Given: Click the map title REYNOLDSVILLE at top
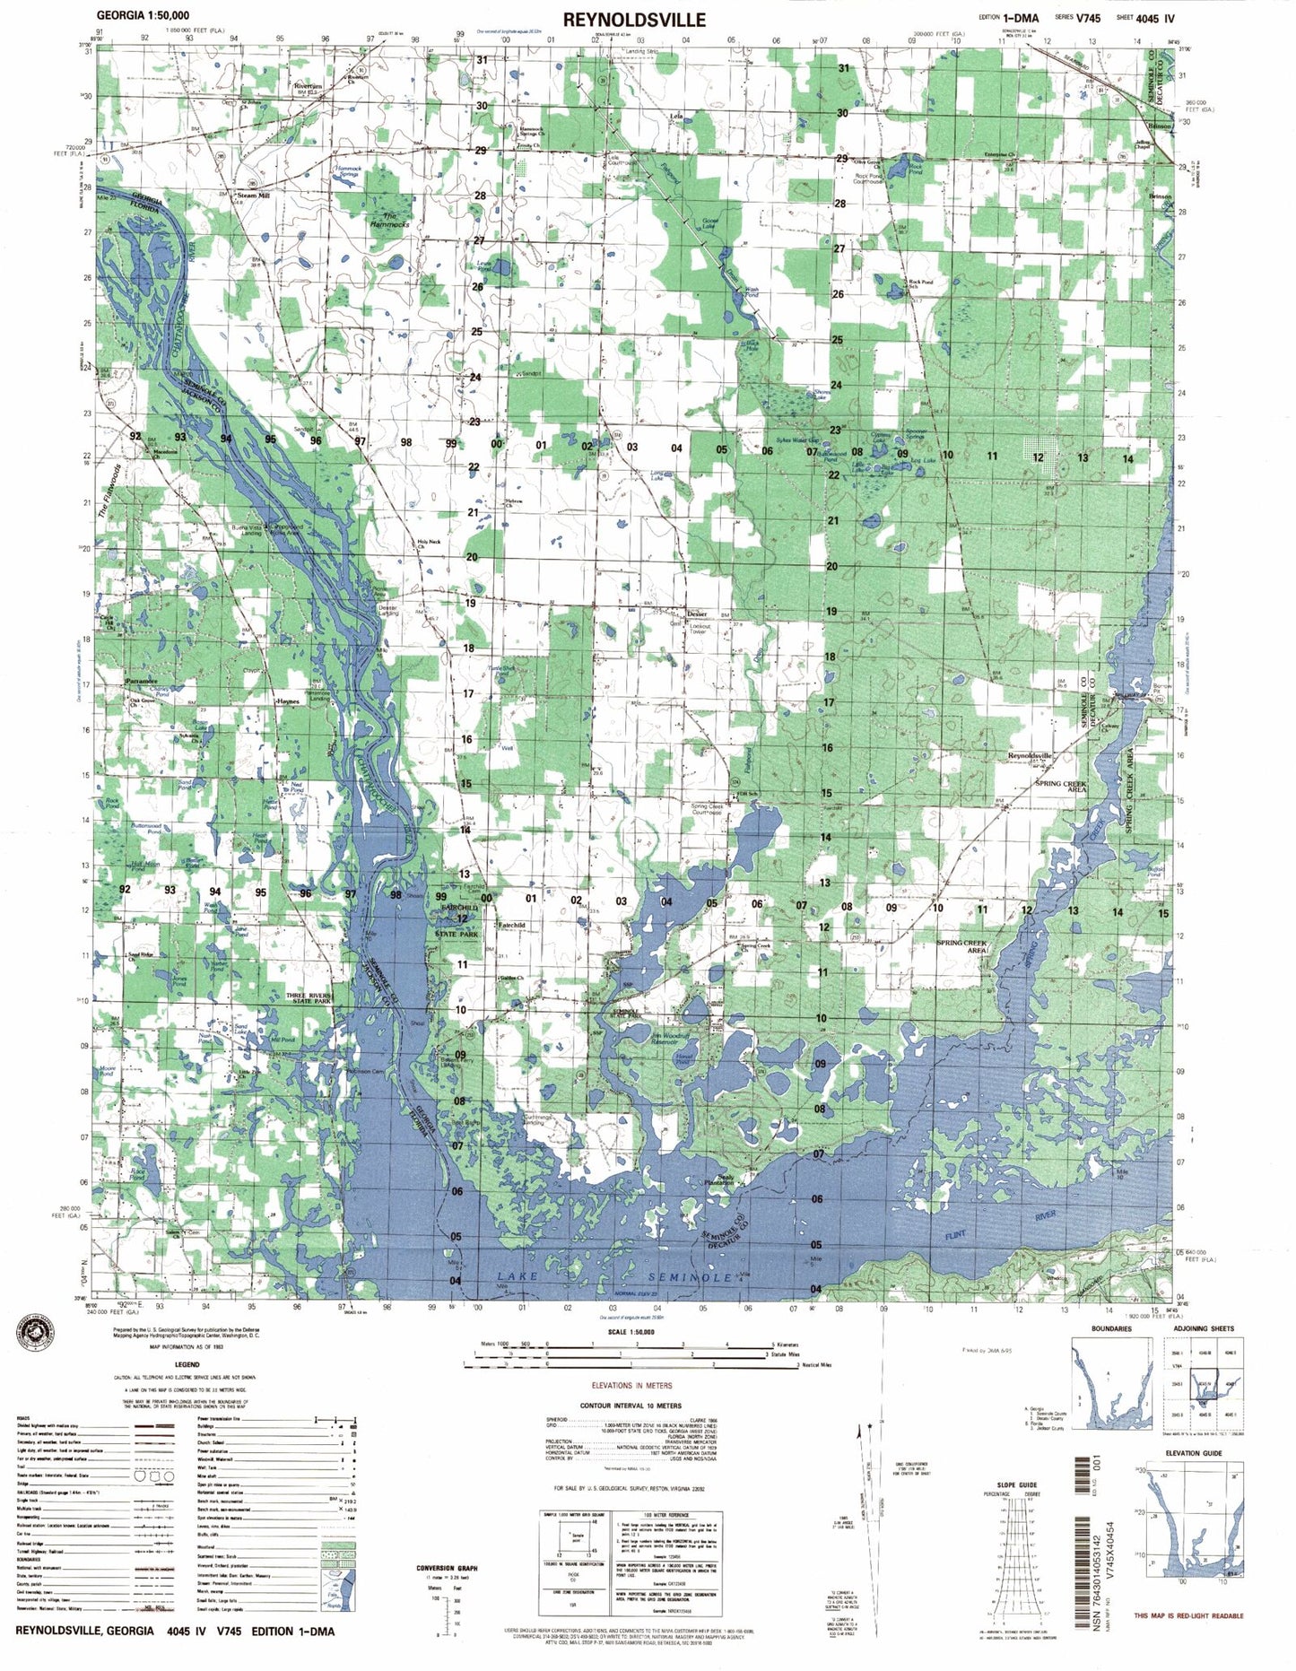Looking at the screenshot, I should click(x=634, y=19).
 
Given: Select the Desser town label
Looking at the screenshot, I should click(x=697, y=614).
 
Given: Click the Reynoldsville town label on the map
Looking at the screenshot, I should click(x=1029, y=756).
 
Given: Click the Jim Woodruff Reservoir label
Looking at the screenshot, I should click(x=670, y=1039).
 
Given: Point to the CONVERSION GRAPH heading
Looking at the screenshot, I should click(x=447, y=1568).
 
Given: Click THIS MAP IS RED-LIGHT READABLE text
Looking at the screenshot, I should click(x=1188, y=1615).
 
